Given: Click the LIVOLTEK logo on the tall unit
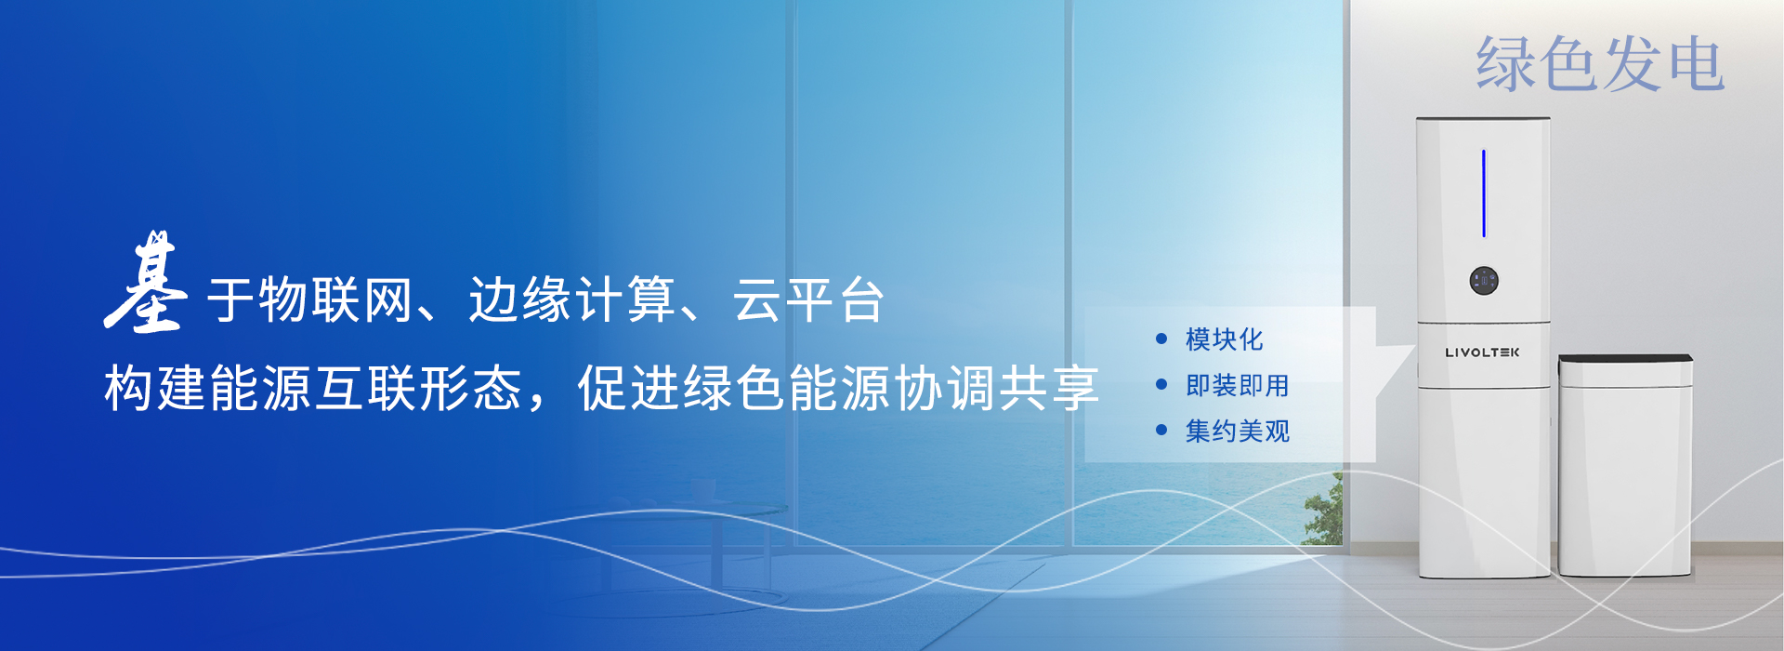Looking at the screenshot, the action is [x=1482, y=352].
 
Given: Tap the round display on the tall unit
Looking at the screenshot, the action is [x=1484, y=281].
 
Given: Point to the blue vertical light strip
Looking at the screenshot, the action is [x=1484, y=193].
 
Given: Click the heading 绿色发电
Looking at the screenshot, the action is [x=1600, y=64].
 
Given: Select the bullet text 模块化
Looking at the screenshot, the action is [x=1224, y=339].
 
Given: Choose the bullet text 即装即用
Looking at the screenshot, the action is [x=1237, y=385].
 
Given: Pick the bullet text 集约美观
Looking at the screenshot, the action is [x=1237, y=431].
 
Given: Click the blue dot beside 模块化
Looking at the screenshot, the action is [x=1161, y=339].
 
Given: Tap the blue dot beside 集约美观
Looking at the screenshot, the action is [x=1161, y=430].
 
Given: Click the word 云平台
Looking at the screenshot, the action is [x=808, y=299].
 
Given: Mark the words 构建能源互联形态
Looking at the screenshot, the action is [x=313, y=388].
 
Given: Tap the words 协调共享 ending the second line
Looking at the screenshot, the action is [x=995, y=388].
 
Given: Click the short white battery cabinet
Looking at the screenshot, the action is [x=1625, y=465].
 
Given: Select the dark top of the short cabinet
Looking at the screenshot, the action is [x=1625, y=358].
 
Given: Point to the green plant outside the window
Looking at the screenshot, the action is [x=1324, y=510].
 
